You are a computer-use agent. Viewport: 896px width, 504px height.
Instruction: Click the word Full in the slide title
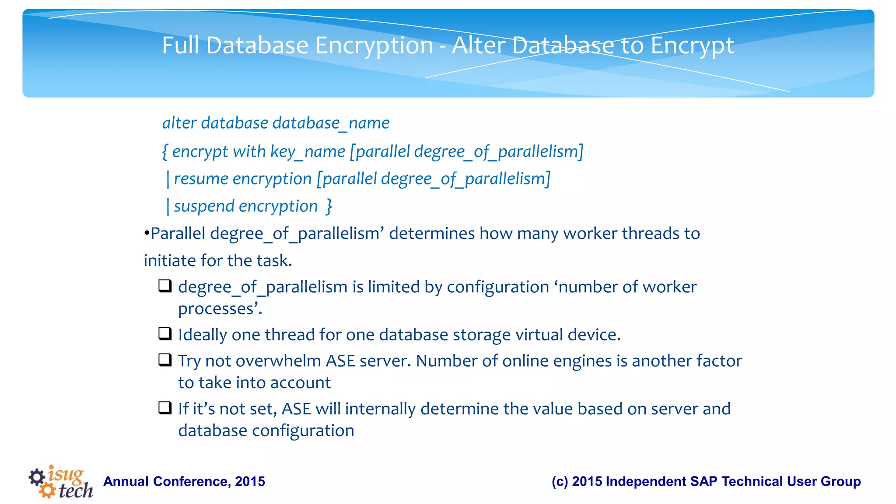pos(181,45)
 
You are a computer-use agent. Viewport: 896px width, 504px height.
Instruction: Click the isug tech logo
pos(61,481)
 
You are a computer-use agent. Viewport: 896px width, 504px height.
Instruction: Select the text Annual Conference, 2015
pos(184,481)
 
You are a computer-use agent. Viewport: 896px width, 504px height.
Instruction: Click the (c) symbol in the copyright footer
pos(560,481)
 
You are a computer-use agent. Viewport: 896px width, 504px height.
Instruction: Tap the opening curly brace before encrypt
pos(165,152)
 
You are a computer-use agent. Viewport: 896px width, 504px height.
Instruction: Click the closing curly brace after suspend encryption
pos(329,206)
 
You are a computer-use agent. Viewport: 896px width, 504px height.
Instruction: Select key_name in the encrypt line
pos(308,152)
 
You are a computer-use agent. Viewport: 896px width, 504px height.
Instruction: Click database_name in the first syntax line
pos(331,123)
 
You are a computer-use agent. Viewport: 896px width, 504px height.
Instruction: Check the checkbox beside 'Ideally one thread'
pos(165,334)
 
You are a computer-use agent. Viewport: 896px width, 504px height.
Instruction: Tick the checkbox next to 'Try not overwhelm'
pos(165,360)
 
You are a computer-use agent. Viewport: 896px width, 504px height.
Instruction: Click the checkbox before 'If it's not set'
pos(165,408)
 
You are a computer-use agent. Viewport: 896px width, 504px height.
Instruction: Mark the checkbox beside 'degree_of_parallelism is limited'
pos(165,286)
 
